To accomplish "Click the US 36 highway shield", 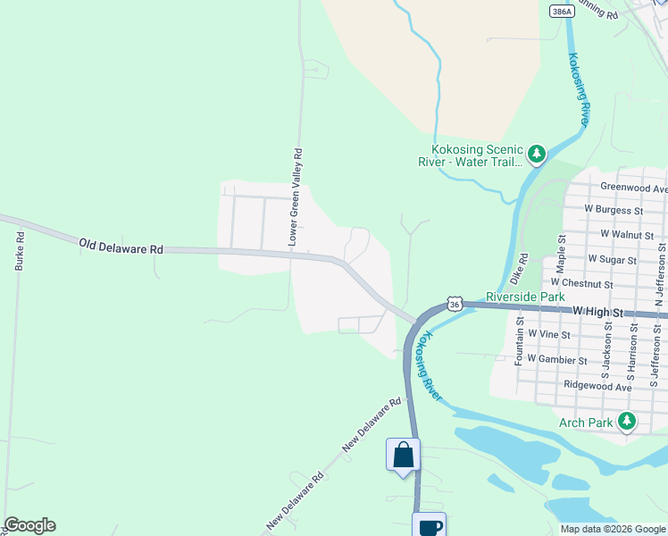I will (x=455, y=305).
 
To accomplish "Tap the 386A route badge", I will (x=562, y=13).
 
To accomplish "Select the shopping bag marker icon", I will (x=403, y=455).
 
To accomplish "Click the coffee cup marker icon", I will (x=430, y=526).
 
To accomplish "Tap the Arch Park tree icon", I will (x=628, y=421).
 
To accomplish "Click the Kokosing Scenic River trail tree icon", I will (x=537, y=155).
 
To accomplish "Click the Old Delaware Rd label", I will (x=121, y=245).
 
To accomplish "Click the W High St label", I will (x=610, y=314).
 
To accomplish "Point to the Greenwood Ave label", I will (x=633, y=188).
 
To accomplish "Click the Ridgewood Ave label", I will (x=597, y=385).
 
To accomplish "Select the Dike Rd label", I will (x=523, y=266).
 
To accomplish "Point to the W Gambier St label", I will (x=556, y=359).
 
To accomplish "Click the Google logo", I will (x=29, y=525).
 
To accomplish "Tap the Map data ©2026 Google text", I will (x=612, y=529).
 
